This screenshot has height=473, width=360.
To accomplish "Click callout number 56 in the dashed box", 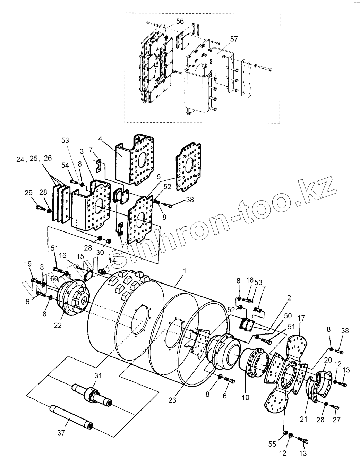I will pyautogui.click(x=180, y=22).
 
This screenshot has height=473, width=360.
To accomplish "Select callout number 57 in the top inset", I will pyautogui.click(x=234, y=39).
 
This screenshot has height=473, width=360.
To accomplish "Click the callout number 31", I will pyautogui.click(x=98, y=375).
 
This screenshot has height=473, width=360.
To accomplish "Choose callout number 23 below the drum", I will pyautogui.click(x=172, y=400).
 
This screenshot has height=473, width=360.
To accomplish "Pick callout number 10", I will pyautogui.click(x=245, y=398).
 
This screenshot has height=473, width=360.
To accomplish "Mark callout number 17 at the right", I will pyautogui.click(x=301, y=318).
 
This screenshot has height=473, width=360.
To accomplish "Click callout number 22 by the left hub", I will pyautogui.click(x=58, y=325).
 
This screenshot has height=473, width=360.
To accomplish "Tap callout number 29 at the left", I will pyautogui.click(x=28, y=193).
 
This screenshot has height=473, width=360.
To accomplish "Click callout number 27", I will pyautogui.click(x=337, y=420).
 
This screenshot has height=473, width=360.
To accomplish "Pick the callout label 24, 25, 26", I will pyautogui.click(x=34, y=159).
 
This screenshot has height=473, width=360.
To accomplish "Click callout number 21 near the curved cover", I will pyautogui.click(x=304, y=419).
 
